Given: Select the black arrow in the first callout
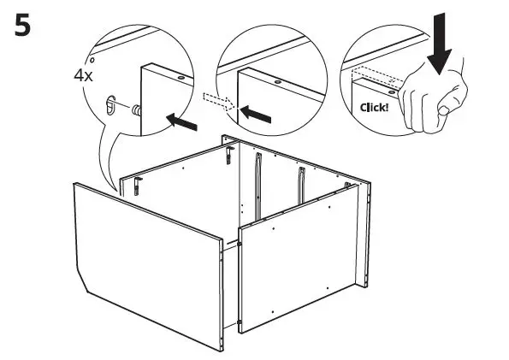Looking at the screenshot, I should click(181, 121).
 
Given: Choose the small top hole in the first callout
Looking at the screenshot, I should click(181, 76).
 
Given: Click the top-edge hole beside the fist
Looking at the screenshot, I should click(391, 87).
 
